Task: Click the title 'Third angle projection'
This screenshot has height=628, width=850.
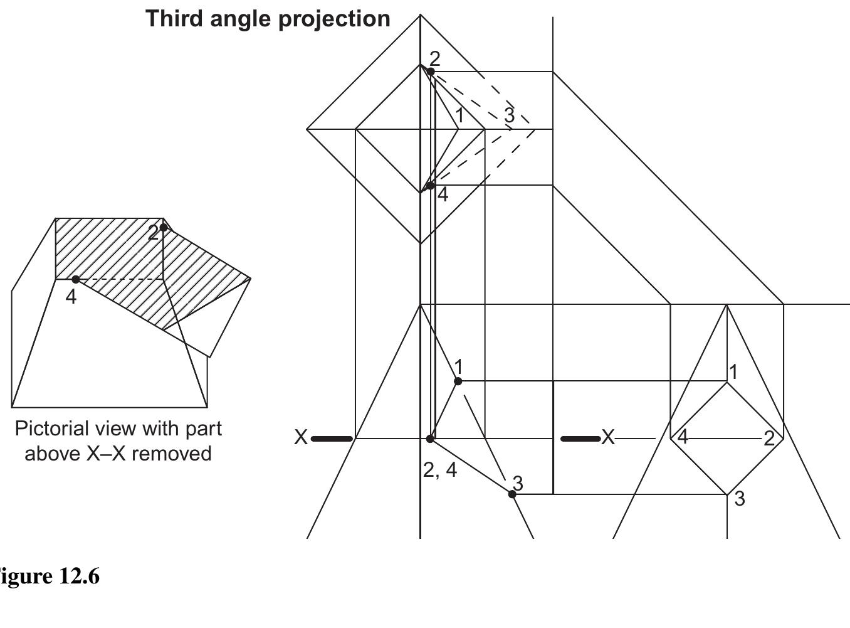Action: click(268, 18)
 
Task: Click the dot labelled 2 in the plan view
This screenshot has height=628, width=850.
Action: click(431, 72)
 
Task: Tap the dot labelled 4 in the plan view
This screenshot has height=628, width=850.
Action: click(430, 186)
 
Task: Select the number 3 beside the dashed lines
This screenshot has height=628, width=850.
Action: click(509, 115)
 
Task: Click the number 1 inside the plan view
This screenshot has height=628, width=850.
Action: click(459, 115)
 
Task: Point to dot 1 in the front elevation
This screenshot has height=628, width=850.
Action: click(458, 381)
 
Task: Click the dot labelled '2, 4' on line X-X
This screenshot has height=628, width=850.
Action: click(430, 439)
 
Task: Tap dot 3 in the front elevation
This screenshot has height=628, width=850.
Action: click(512, 494)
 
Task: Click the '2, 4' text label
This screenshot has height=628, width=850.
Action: click(440, 470)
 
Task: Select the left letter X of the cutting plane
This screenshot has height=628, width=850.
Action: click(301, 437)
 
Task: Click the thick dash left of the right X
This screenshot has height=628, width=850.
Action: click(579, 439)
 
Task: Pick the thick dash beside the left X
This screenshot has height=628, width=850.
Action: click(332, 439)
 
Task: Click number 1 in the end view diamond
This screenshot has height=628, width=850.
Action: click(733, 372)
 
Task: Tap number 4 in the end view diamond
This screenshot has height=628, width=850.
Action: click(683, 437)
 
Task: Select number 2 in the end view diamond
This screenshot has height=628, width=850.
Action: click(769, 439)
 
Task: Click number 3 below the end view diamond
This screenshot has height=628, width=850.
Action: click(740, 499)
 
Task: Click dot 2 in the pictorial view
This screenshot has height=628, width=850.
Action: click(164, 227)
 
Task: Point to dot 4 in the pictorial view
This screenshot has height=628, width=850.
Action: click(75, 279)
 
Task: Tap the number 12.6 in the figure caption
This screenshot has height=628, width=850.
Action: click(78, 576)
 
